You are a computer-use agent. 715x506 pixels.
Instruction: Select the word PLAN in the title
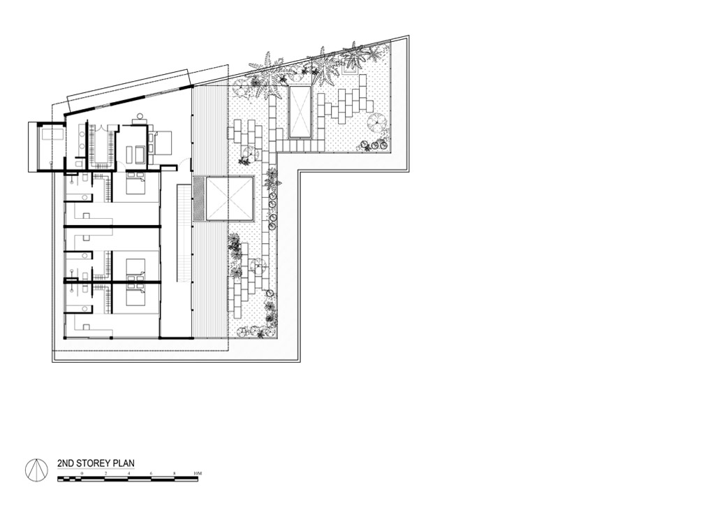(123, 463)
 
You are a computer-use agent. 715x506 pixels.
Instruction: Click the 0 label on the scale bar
(82, 474)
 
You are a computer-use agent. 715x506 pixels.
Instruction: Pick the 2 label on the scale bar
(105, 474)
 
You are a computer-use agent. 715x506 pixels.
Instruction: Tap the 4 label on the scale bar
(128, 474)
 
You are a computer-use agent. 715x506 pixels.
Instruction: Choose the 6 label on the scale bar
(151, 474)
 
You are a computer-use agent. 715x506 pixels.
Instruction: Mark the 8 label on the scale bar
(174, 474)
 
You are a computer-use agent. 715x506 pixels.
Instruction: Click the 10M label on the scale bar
(198, 474)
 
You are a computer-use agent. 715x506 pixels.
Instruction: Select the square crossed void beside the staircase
(230, 199)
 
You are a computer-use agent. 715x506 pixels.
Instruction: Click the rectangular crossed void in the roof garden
(301, 112)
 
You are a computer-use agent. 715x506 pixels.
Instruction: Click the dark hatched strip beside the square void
(198, 199)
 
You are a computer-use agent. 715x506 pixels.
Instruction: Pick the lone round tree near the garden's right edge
(377, 122)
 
